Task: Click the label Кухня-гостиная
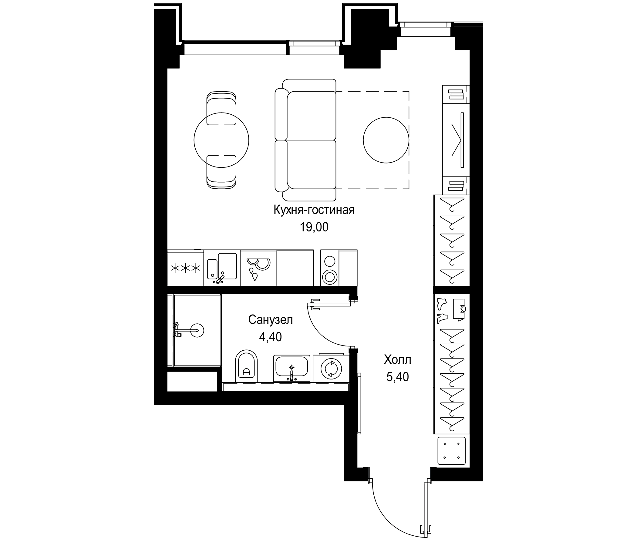click(314, 210)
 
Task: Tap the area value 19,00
click(314, 227)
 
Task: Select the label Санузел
click(271, 320)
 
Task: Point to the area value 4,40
click(270, 337)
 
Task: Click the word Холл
click(397, 359)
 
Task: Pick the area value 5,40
click(397, 377)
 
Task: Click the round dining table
click(221, 140)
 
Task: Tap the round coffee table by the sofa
click(386, 140)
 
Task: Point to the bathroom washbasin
click(292, 367)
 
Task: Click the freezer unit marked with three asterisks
click(185, 268)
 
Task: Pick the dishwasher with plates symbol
click(258, 268)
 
